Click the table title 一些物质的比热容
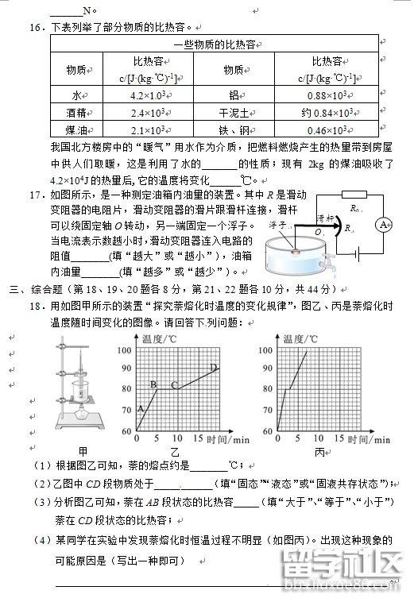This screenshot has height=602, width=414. point(214,44)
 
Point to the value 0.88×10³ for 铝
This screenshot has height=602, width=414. point(326,95)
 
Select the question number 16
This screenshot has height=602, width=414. point(35,27)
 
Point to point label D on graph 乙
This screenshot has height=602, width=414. point(213,366)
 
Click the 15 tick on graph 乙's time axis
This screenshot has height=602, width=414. point(177,438)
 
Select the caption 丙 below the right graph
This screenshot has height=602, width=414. point(321,451)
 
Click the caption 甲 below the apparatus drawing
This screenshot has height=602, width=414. point(82,451)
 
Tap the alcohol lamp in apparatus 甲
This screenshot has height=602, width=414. point(81,412)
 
